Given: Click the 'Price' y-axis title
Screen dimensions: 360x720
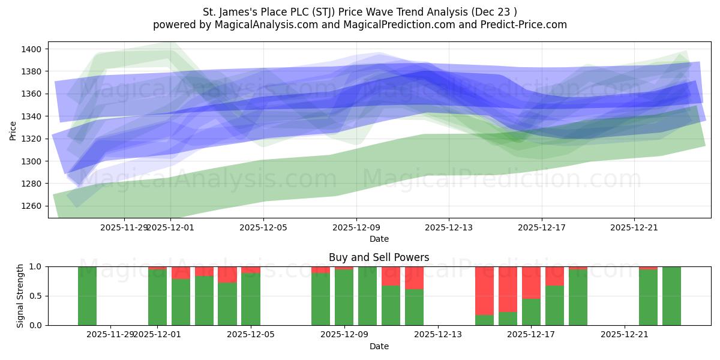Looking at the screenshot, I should pos(13,130).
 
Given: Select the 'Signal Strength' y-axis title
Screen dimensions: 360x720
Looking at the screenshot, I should pos(20,296).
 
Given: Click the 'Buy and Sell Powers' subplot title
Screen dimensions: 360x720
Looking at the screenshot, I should pos(379,257).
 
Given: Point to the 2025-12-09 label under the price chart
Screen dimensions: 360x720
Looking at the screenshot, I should pos(356,227).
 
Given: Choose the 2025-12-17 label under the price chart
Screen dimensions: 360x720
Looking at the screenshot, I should pos(542,227).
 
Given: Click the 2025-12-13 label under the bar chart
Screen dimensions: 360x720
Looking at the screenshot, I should pos(438,335).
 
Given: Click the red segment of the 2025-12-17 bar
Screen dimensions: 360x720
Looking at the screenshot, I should pos(531,282).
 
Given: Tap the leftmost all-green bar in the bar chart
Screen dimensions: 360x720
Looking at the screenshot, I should pos(87,296).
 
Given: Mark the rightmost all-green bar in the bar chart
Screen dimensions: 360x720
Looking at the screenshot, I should pos(671,296).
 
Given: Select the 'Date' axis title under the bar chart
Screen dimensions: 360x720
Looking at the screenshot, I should pos(379,346).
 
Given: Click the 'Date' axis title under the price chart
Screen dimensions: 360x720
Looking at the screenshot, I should pos(379,239).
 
